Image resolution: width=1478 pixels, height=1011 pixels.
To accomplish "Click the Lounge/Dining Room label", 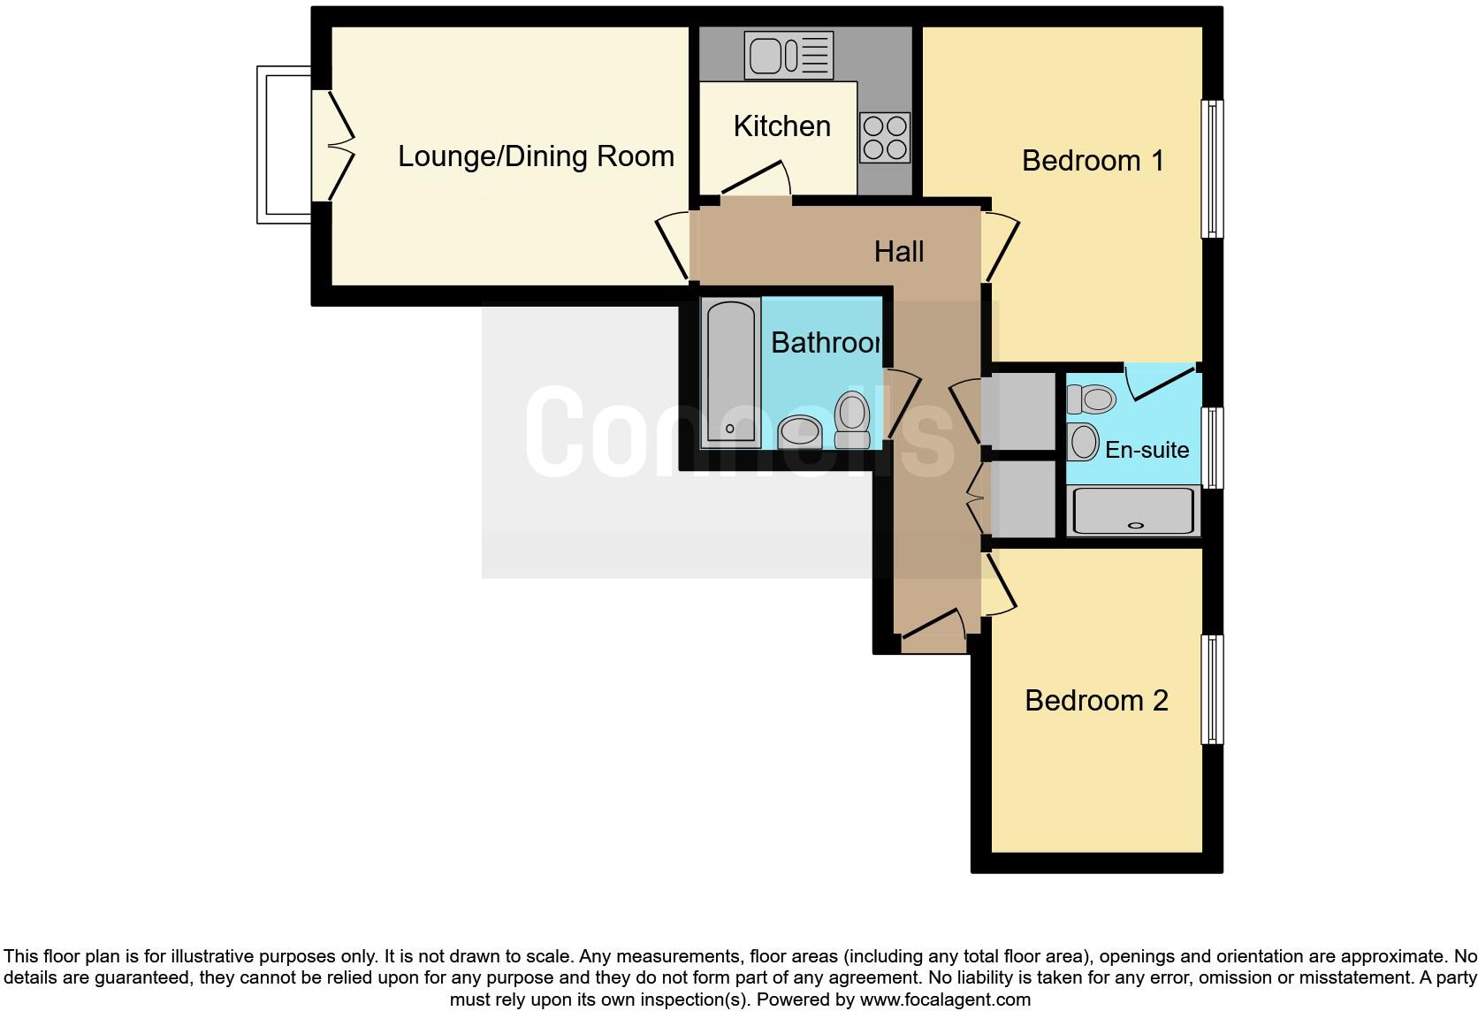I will (536, 156).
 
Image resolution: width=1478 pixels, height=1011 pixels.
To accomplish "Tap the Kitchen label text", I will (781, 126).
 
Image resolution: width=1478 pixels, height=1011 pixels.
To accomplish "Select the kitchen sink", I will (789, 54).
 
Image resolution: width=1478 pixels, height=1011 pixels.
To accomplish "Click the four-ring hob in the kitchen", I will (885, 137).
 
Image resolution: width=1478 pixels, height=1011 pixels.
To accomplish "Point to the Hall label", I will (899, 252).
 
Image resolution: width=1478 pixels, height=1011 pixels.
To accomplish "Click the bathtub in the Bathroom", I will (730, 371).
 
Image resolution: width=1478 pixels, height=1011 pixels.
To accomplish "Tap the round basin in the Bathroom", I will (801, 432).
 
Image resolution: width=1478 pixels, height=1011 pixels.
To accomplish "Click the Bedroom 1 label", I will (1093, 161).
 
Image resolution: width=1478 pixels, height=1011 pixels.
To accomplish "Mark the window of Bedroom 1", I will (1212, 169).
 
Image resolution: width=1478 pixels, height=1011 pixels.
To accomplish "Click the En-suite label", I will (1147, 450).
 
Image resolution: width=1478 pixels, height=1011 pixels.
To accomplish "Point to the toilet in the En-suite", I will (1093, 399).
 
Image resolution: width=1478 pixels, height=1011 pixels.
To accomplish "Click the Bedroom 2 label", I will (1096, 701).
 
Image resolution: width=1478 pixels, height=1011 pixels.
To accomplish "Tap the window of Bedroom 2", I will (1212, 689).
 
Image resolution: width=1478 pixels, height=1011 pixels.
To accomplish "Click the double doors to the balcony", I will (336, 146).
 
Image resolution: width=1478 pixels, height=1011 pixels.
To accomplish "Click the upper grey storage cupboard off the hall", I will (1023, 411).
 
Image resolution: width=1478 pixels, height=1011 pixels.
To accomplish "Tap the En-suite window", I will (1212, 447).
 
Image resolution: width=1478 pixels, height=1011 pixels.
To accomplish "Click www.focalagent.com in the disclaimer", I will (944, 1000).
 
